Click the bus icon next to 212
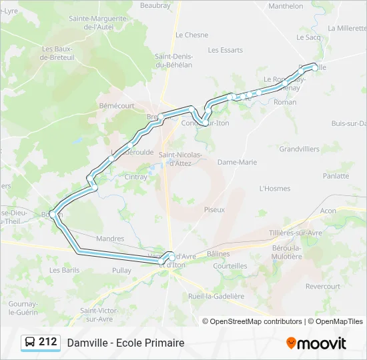31,343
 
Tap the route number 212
48,342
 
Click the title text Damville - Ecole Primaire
125,343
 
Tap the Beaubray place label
155,5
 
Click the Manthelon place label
286,6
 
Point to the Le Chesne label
192,35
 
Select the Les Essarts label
225,50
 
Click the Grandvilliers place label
299,149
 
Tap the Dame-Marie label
237,162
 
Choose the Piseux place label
214,209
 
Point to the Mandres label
110,238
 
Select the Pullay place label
121,270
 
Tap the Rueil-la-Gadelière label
216,296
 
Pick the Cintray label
135,177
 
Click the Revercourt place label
322,287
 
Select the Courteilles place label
230,265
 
